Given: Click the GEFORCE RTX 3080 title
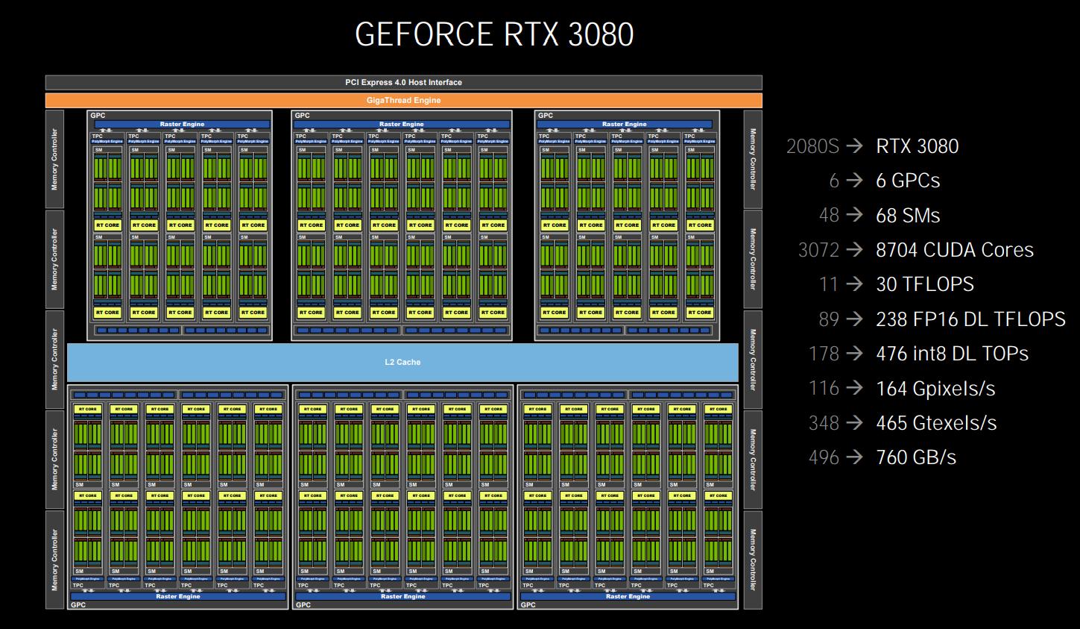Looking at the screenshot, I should point(494,35).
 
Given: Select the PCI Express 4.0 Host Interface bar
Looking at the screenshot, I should point(403,82).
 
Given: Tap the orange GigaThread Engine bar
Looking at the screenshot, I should point(403,100).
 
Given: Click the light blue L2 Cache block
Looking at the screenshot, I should point(402,362).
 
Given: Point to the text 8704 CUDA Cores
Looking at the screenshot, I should point(954,250).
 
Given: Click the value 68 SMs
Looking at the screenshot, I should point(908,216).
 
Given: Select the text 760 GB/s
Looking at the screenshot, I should point(916,457).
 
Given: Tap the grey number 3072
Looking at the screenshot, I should point(818,250).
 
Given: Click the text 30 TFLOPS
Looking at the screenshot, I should point(924,284).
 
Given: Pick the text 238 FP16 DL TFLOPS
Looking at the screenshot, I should point(970,319).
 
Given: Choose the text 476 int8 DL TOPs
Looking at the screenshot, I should point(952,354).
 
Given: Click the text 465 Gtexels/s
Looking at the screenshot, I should point(936,423).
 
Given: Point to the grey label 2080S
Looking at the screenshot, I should point(812,146).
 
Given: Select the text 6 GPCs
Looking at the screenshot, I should point(908,181).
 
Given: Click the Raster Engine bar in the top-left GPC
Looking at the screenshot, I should point(182,124).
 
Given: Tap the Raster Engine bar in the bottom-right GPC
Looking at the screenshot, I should point(628,596).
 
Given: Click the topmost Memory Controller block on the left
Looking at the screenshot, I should point(54,160).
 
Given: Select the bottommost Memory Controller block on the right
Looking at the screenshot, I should point(753,560).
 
